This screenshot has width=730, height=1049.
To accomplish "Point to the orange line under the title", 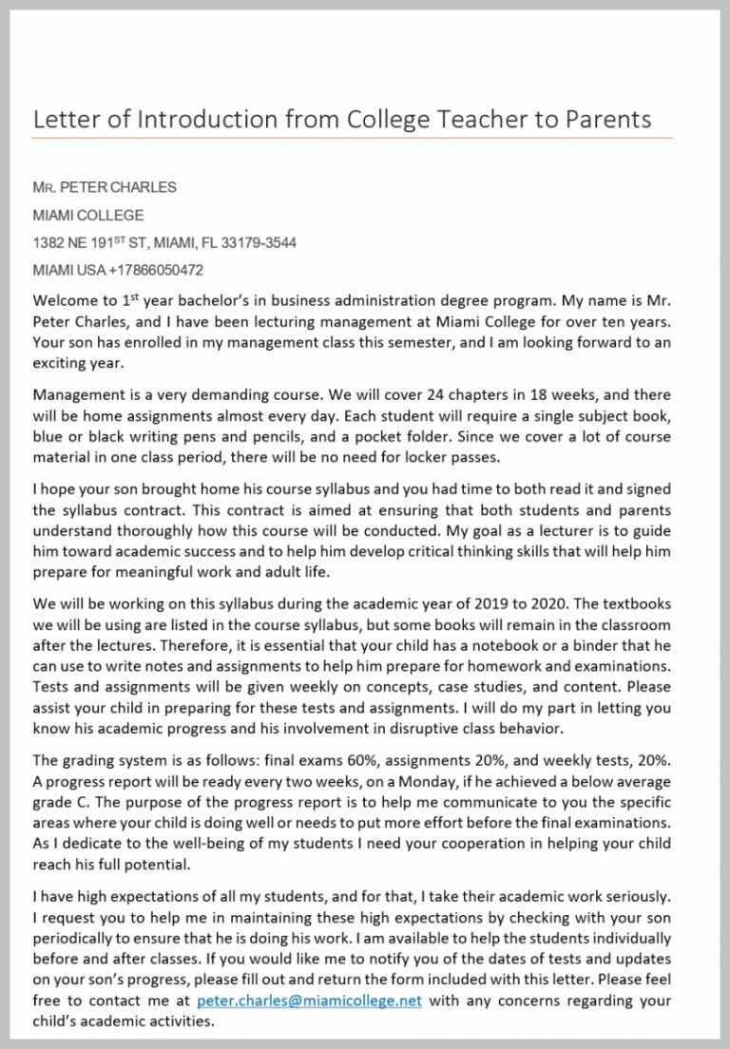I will (x=352, y=139).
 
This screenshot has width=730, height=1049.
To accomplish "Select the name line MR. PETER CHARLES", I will (x=105, y=187).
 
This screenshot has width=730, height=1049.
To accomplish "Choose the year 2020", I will (x=529, y=602).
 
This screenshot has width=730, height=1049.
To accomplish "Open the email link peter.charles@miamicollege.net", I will (x=309, y=1001).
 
